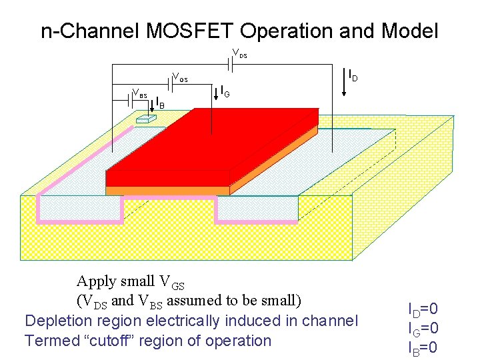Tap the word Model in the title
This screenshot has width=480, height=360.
click(x=409, y=31)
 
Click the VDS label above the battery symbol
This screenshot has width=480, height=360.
click(x=239, y=53)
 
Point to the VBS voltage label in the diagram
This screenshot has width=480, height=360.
click(x=139, y=93)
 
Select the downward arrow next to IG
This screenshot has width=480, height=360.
click(x=219, y=93)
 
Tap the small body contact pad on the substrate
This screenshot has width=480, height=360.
click(x=145, y=119)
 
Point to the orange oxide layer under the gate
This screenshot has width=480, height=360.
click(x=167, y=191)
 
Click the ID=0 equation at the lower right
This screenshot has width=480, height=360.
click(x=423, y=309)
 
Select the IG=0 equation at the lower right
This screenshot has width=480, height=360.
click(x=423, y=328)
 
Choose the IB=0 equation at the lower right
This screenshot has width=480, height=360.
click(x=423, y=347)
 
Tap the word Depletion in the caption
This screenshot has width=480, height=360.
click(x=55, y=321)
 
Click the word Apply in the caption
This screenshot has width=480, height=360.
click(x=96, y=281)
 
